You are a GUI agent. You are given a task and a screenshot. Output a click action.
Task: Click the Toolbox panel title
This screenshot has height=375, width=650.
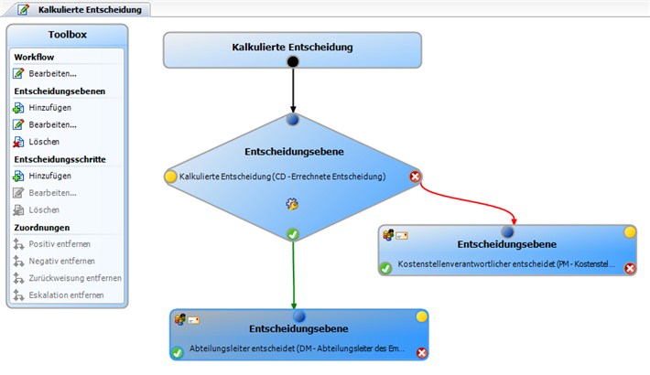click(x=67, y=35)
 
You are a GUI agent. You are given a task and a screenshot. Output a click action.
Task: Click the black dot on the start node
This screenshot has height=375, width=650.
click(x=293, y=62)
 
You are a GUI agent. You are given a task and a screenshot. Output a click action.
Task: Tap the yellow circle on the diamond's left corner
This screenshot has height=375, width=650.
click(x=170, y=177)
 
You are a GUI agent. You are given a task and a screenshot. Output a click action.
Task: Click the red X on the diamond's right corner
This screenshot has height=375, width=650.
click(x=415, y=177)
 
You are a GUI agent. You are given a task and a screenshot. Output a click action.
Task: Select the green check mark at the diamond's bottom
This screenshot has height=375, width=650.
click(x=293, y=234)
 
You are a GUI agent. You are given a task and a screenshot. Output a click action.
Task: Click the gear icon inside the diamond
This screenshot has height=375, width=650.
click(x=292, y=204)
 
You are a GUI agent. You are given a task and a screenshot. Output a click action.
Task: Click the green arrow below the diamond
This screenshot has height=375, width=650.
click(x=294, y=274)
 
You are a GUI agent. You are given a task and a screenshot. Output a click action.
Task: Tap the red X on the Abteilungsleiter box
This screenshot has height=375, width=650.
click(x=422, y=353)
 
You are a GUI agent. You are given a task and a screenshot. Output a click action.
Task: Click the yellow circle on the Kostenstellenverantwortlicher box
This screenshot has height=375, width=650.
click(x=630, y=232)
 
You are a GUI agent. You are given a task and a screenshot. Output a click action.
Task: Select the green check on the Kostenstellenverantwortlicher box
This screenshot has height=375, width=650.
click(x=385, y=268)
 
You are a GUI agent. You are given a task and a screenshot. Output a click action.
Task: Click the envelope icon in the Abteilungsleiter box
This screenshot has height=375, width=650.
click(x=193, y=320)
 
